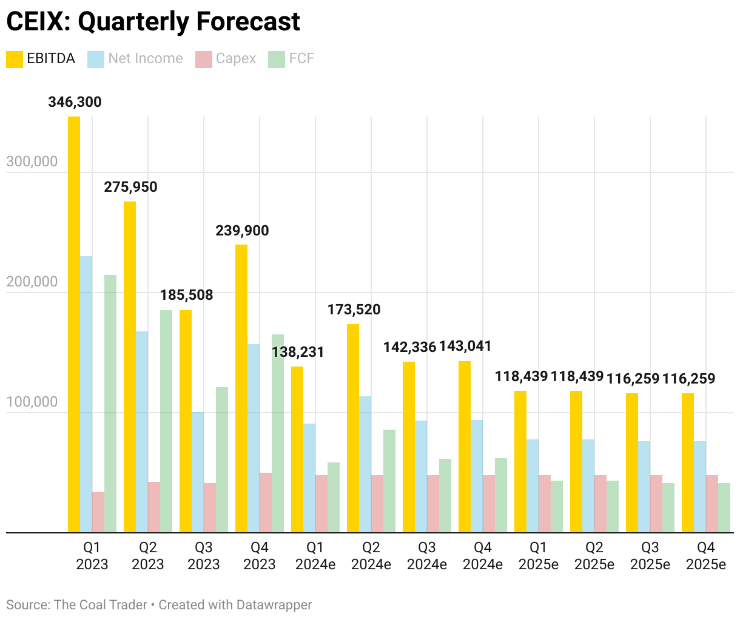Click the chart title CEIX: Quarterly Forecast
click(x=153, y=22)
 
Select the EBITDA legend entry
click(x=41, y=59)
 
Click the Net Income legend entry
click(x=135, y=59)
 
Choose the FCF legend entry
click(x=292, y=59)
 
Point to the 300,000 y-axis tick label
click(x=32, y=161)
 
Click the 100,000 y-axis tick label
click(x=32, y=402)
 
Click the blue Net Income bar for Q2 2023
click(x=142, y=431)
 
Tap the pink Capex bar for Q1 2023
click(x=98, y=512)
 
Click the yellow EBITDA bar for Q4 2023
click(x=241, y=388)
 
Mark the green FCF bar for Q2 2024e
click(x=389, y=481)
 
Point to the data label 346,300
click(x=75, y=102)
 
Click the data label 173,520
click(x=354, y=309)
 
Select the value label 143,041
click(x=465, y=346)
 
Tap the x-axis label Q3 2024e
click(x=427, y=556)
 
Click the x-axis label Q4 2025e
click(x=706, y=556)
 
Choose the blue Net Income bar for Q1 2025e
click(x=533, y=485)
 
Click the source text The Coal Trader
click(x=100, y=605)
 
